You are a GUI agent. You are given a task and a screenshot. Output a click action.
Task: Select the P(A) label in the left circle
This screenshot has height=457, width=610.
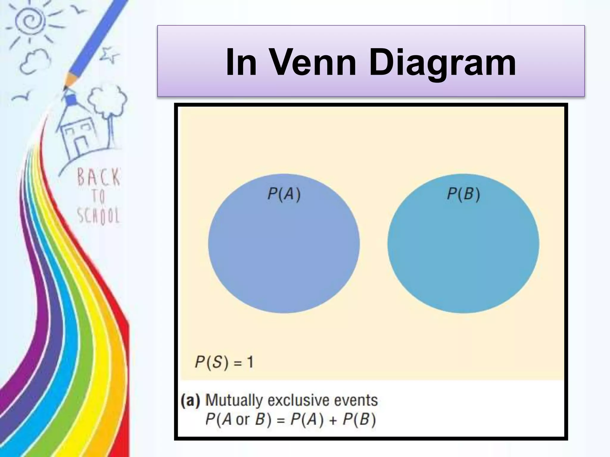click(284, 194)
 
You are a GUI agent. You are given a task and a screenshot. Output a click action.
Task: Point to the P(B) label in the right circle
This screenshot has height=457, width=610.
click(463, 194)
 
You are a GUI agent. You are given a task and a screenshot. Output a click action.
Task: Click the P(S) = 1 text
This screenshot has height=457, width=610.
click(224, 362)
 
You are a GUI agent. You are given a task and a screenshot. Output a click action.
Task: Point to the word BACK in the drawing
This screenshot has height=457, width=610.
click(99, 177)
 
